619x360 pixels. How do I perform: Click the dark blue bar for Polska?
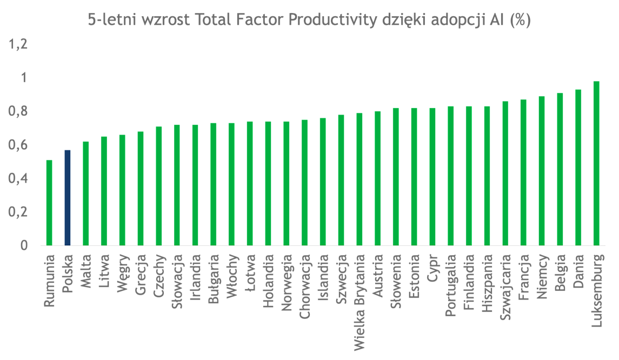pyautogui.click(x=68, y=197)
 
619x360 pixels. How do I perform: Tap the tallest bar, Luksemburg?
pyautogui.click(x=596, y=163)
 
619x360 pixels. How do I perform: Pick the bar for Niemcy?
pyautogui.click(x=542, y=170)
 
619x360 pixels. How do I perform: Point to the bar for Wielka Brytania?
pyautogui.click(x=360, y=179)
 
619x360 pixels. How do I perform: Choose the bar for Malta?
pyautogui.click(x=86, y=193)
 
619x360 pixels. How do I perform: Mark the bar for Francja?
pyautogui.click(x=523, y=172)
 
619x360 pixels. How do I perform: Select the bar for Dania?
pyautogui.click(x=578, y=167)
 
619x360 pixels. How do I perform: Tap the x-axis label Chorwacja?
pyautogui.click(x=304, y=279)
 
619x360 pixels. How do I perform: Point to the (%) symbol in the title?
pyautogui.click(x=521, y=21)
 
